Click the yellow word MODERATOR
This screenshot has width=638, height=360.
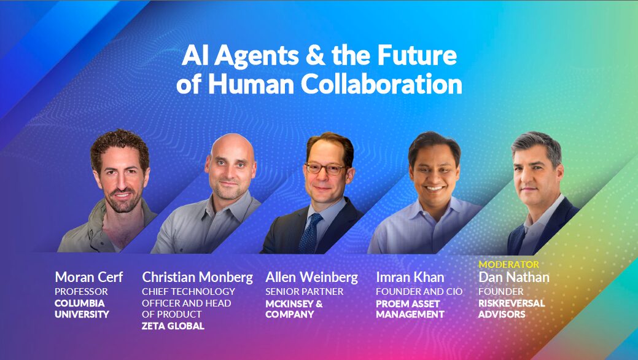[508, 265]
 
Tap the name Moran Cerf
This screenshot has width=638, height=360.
[88, 277]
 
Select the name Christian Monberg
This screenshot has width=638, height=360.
[197, 277]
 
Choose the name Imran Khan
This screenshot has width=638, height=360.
[411, 277]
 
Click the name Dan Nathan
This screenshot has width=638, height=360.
[513, 277]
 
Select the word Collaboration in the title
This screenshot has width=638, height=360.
[381, 85]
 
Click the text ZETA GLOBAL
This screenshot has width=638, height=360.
[173, 326]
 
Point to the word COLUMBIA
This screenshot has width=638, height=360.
[80, 303]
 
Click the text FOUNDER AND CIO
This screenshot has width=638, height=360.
[419, 291]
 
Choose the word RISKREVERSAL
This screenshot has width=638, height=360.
[512, 303]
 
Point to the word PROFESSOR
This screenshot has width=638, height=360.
[81, 291]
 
